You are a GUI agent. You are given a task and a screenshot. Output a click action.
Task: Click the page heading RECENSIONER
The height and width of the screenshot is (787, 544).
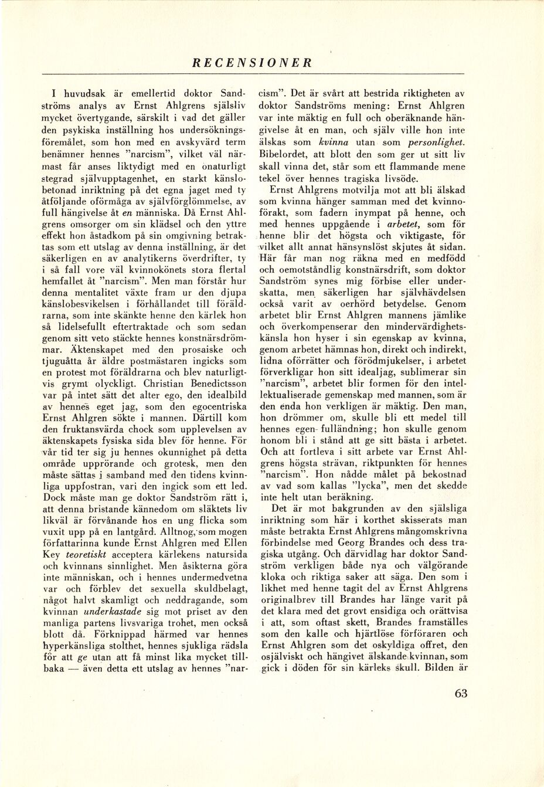click(x=252, y=63)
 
